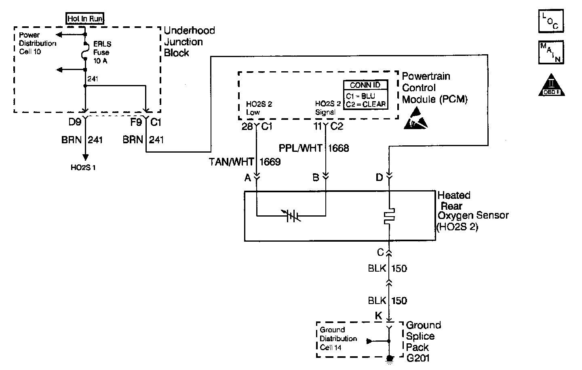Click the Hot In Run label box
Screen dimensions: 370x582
tap(85, 18)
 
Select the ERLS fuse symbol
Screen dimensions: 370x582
tap(85, 52)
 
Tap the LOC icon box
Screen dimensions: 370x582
tap(551, 21)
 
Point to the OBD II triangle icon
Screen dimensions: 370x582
tap(551, 85)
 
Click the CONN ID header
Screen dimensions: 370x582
tap(365, 85)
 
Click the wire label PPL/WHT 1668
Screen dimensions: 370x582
tap(314, 148)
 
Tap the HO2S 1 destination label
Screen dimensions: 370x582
tap(83, 168)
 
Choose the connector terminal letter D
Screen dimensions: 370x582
tap(379, 177)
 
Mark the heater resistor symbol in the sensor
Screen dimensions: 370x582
tap(389, 217)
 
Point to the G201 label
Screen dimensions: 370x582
tap(418, 358)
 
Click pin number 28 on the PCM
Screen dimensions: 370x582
tap(247, 127)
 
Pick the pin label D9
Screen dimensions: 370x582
tap(75, 121)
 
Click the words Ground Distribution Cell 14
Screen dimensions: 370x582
tap(338, 338)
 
